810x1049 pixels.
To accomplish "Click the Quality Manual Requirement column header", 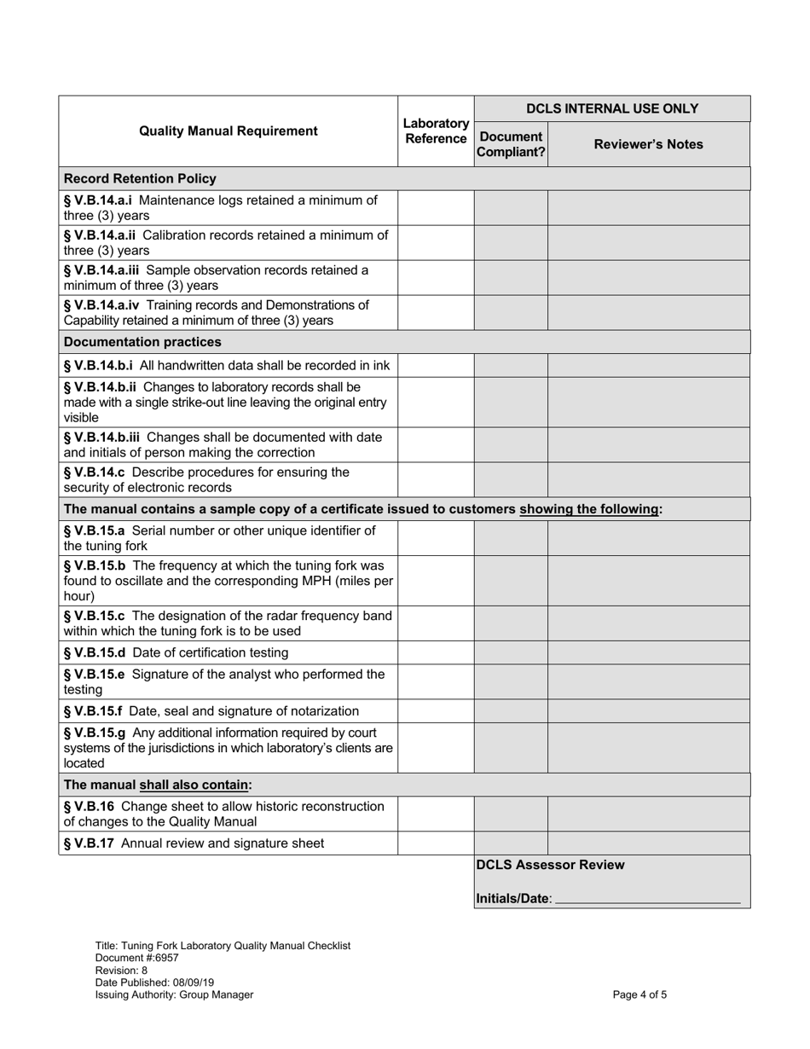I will click(x=228, y=131).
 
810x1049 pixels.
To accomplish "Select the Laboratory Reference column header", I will click(x=436, y=131).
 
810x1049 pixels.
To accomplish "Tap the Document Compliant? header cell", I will click(x=511, y=144).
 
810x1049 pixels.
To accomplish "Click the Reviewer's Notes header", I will click(x=648, y=144).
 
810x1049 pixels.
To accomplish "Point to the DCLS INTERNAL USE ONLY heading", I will click(x=611, y=108).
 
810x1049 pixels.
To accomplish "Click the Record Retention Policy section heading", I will click(x=141, y=179).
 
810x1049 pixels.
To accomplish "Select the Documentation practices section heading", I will click(x=142, y=342).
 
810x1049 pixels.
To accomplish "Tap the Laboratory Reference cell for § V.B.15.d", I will click(x=436, y=653).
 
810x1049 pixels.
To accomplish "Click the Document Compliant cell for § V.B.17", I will click(x=511, y=843).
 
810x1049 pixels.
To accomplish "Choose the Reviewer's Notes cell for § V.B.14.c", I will click(x=648, y=479).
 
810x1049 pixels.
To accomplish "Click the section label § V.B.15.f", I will click(x=94, y=711).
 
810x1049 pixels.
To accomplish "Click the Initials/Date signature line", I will click(x=647, y=900).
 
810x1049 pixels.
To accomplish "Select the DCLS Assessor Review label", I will click(x=550, y=865).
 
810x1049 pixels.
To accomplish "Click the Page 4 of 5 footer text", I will click(x=640, y=994).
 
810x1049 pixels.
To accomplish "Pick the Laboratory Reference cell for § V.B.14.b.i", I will click(x=436, y=366).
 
